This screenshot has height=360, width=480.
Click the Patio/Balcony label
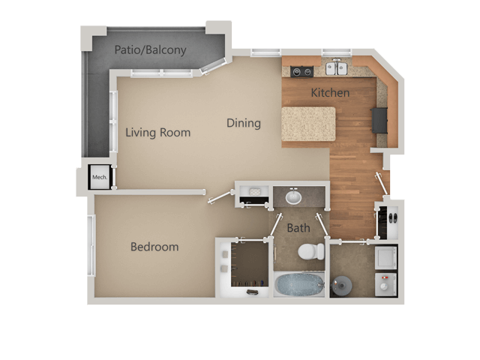tap(150, 50)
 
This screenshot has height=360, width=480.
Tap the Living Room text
tap(157, 133)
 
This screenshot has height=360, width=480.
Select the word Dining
tap(244, 123)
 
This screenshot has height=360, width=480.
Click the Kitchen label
tap(330, 93)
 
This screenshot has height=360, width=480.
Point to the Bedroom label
tap(154, 247)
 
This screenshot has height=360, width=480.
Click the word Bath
tap(298, 227)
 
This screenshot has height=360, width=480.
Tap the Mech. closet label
tap(99, 178)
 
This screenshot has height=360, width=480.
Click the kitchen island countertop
tap(309, 123)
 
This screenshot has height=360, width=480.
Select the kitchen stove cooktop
tap(301, 72)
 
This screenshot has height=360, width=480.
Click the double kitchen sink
tap(336, 69)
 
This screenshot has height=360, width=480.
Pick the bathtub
tap(299, 285)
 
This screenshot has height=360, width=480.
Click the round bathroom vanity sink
tap(293, 197)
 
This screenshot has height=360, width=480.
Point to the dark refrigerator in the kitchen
tap(379, 120)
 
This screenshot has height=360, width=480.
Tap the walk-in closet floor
tap(249, 262)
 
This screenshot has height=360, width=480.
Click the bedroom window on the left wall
tap(91, 244)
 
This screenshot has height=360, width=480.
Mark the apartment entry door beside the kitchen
tap(382, 183)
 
